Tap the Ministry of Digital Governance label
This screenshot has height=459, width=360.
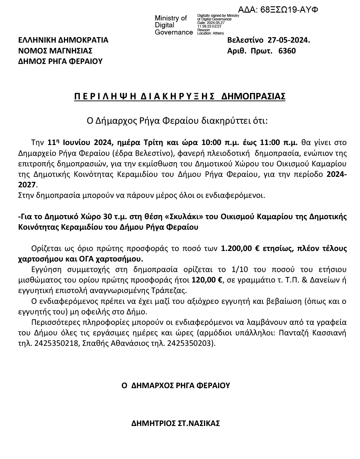tap(173, 25)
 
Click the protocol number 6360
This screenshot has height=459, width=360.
tap(287, 51)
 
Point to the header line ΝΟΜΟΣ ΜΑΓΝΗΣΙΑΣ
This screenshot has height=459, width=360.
tap(55, 51)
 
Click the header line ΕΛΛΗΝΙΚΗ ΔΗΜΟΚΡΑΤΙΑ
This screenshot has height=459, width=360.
tap(63, 40)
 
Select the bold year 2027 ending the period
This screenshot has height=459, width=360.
tap(28, 184)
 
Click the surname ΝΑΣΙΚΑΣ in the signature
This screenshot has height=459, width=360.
tap(204, 423)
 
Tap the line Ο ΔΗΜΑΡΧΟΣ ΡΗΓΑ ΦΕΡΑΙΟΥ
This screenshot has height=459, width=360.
tap(175, 385)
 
